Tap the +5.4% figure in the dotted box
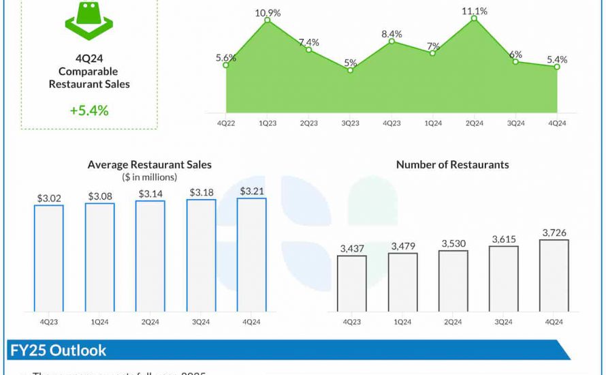pos(89,110)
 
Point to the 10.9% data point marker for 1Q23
pos(268,20)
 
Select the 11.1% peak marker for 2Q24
pos(475,18)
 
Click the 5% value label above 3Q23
pos(350,63)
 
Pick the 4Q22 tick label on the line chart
pos(226,123)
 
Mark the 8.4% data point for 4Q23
pos(392,42)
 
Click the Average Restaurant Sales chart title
pos(150,164)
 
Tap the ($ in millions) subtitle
pos(150,177)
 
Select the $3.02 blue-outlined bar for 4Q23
pos(49,258)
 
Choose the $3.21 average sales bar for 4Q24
pos(251,254)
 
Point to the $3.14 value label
pos(150,194)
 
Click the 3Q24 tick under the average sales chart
pos(201,322)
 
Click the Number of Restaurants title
pos(452,164)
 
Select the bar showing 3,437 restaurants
pos(351,283)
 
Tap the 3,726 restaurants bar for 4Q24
pos(554,275)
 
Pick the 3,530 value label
pos(453,243)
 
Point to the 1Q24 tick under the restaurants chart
pos(402,322)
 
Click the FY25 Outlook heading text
pos(59,350)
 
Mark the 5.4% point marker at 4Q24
pos(557,66)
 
